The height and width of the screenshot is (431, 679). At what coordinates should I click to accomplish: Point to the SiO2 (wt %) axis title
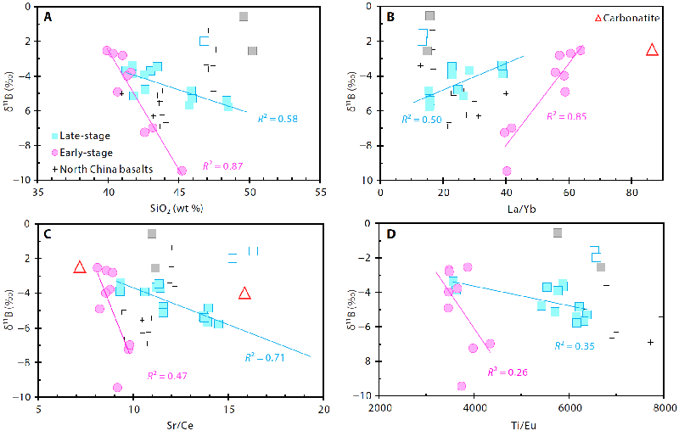(179, 208)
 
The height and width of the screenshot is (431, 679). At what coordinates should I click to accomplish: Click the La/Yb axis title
(522, 208)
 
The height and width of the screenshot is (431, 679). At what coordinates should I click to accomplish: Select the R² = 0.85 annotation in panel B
(567, 115)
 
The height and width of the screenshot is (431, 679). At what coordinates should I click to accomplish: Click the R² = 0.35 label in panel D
(575, 345)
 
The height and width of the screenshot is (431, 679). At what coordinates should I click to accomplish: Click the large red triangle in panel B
(652, 50)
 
